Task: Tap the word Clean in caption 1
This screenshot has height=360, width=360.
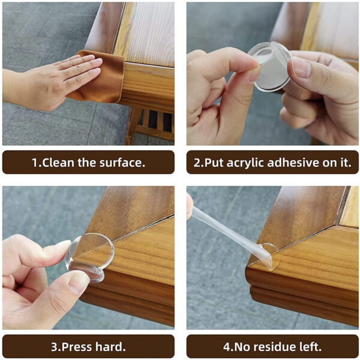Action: pyautogui.click(x=60, y=163)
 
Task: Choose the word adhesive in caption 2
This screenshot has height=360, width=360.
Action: pyautogui.click(x=299, y=163)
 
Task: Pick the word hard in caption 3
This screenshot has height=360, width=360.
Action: pyautogui.click(x=112, y=347)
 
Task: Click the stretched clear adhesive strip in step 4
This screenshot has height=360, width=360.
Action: pyautogui.click(x=222, y=225)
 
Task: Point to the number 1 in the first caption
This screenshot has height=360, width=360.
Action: pyautogui.click(x=35, y=163)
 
